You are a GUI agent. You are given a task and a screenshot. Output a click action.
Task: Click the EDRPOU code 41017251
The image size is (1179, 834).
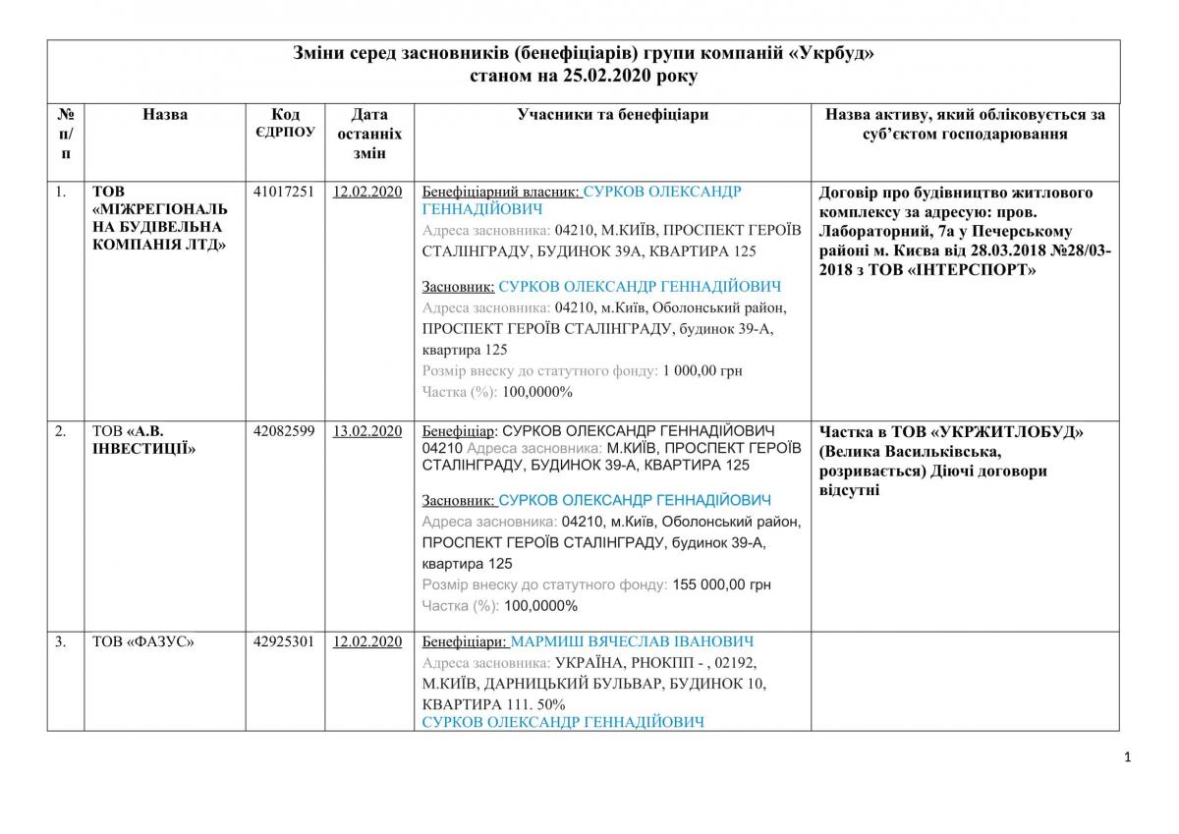pyautogui.click(x=284, y=192)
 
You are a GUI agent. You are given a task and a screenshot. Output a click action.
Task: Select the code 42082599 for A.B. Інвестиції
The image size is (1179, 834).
pyautogui.click(x=284, y=431)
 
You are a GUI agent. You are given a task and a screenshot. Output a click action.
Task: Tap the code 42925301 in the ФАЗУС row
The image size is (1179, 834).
pyautogui.click(x=284, y=641)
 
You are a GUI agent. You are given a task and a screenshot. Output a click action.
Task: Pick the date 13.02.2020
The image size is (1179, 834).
pyautogui.click(x=367, y=431)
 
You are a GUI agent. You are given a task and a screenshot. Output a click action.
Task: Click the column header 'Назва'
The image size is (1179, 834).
pyautogui.click(x=165, y=115)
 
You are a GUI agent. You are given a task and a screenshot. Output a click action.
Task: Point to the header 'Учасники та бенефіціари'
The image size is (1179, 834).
pyautogui.click(x=613, y=115)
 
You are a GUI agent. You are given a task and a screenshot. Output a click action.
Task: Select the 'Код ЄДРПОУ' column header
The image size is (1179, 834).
pyautogui.click(x=284, y=123)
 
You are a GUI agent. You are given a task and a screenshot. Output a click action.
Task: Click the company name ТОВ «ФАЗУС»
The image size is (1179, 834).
pyautogui.click(x=143, y=641)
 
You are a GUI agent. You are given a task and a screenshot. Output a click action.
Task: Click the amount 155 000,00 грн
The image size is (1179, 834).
pyautogui.click(x=722, y=584)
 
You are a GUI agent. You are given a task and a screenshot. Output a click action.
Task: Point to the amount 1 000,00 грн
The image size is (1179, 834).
pyautogui.click(x=702, y=370)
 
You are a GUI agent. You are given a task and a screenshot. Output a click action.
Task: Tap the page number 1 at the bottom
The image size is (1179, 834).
pyautogui.click(x=1127, y=756)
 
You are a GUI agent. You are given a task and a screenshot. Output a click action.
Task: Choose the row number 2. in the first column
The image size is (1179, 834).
pyautogui.click(x=61, y=431)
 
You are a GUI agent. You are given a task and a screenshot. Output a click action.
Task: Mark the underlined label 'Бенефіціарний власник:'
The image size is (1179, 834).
pyautogui.click(x=501, y=192)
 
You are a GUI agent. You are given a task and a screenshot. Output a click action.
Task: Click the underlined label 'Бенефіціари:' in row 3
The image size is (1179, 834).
pyautogui.click(x=465, y=641)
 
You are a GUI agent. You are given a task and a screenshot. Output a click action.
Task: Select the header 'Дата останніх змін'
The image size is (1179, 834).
pyautogui.click(x=367, y=134)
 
